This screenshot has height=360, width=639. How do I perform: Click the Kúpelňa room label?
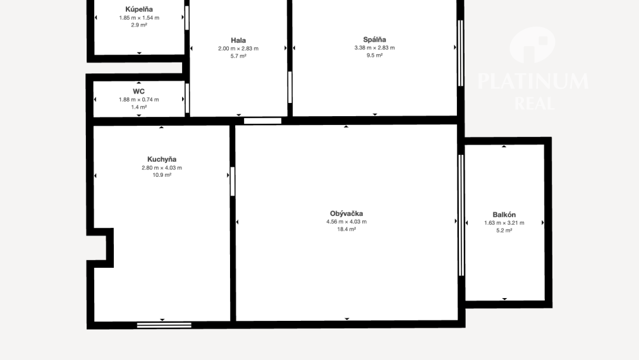139,9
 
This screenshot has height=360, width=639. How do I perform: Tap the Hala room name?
238,40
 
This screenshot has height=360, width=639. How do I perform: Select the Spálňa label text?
375,40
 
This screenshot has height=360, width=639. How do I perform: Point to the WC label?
138,91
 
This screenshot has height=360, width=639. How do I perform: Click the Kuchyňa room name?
162,159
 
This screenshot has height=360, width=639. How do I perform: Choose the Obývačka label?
346,213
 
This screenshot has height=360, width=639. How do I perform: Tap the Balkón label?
504,215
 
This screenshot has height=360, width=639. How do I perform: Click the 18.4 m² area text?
346,229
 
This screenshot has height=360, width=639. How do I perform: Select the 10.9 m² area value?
162,175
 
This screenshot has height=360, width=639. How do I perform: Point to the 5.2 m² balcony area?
504,231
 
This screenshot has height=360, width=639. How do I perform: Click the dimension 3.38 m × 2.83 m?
375,47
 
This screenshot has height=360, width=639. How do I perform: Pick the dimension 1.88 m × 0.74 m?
139,99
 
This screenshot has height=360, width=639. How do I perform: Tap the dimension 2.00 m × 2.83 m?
238,49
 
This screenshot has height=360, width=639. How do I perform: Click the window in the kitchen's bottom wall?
164,325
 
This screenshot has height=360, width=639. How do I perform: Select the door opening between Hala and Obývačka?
263,121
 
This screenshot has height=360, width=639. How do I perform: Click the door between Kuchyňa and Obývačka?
233,181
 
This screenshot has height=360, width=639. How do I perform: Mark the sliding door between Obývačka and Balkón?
461,215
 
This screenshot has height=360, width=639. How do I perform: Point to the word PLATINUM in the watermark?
533,81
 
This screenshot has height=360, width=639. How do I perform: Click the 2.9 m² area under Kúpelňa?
139,25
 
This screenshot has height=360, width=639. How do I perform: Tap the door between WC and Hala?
187,98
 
